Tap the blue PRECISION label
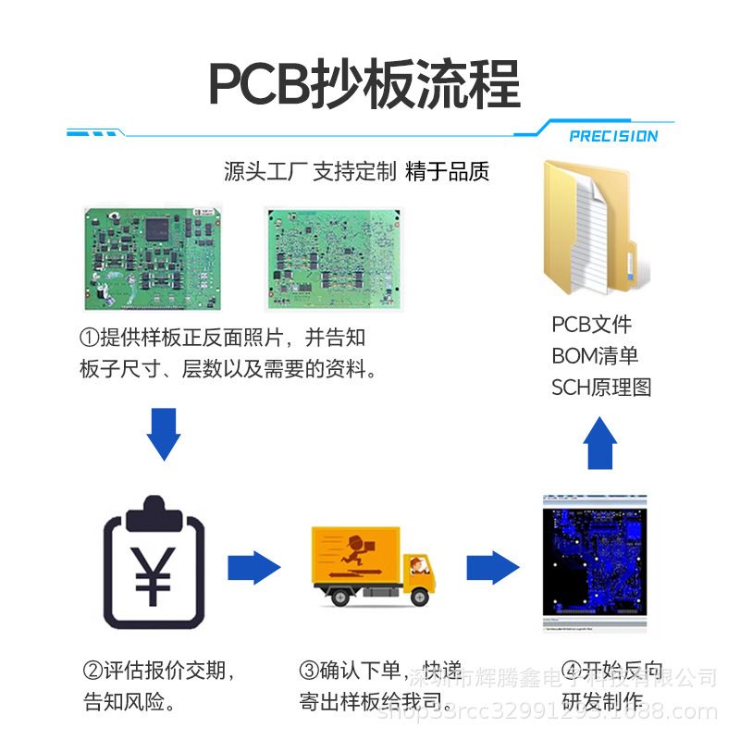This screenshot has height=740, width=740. pyautogui.click(x=613, y=136)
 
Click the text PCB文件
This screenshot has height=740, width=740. pyautogui.click(x=591, y=325)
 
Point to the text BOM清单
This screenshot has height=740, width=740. pyautogui.click(x=595, y=356)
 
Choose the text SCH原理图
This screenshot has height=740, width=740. pyautogui.click(x=601, y=388)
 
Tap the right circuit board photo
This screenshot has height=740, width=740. pyautogui.click(x=333, y=259)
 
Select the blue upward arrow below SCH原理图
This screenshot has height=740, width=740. pyautogui.click(x=601, y=441)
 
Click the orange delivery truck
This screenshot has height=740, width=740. pyautogui.click(x=373, y=566)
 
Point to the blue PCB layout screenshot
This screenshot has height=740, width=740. pyautogui.click(x=592, y=564)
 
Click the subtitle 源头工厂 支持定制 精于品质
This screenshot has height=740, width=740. pyautogui.click(x=356, y=171)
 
